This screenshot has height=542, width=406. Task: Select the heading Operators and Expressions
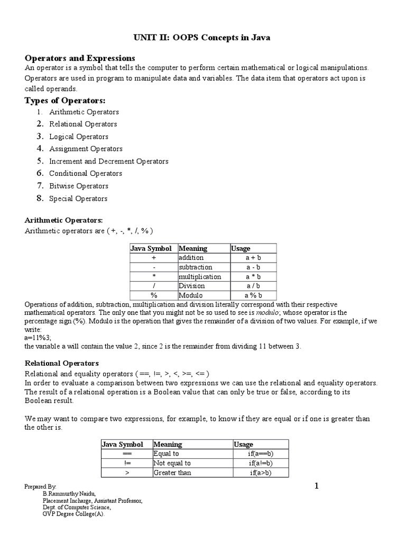click(80, 58)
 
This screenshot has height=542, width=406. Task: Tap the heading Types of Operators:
click(66, 101)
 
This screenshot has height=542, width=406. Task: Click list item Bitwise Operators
click(79, 186)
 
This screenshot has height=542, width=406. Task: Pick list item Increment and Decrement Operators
click(109, 161)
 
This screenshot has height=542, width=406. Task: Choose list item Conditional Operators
click(86, 174)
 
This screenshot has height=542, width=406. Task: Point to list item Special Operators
click(78, 199)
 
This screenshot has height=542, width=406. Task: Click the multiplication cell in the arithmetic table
click(200, 277)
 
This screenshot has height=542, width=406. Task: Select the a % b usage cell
click(253, 295)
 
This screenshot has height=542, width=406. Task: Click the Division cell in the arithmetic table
click(191, 286)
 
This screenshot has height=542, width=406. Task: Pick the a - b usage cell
click(253, 267)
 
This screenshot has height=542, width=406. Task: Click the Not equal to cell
click(172, 463)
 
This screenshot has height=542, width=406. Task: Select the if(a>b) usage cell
click(261, 473)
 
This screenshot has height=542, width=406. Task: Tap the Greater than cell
click(172, 473)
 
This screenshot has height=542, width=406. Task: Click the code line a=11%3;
click(38, 337)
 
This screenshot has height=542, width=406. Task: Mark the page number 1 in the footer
click(317, 486)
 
